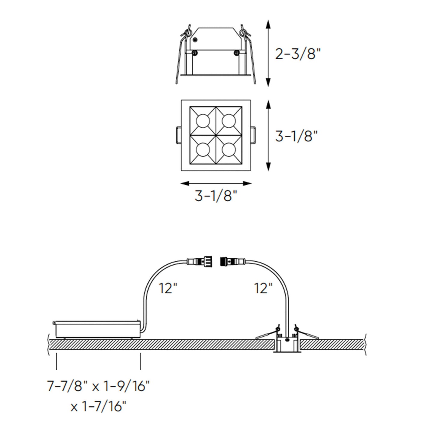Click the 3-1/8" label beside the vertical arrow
(x=296, y=136)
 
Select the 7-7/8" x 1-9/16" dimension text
(x=98, y=386)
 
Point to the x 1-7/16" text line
(x=98, y=407)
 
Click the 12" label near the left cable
(x=168, y=289)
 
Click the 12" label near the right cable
(x=264, y=289)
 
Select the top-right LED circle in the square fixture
(x=229, y=121)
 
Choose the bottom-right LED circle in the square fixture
(x=229, y=149)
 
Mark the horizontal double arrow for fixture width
(x=216, y=183)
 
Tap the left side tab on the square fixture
(x=178, y=135)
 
